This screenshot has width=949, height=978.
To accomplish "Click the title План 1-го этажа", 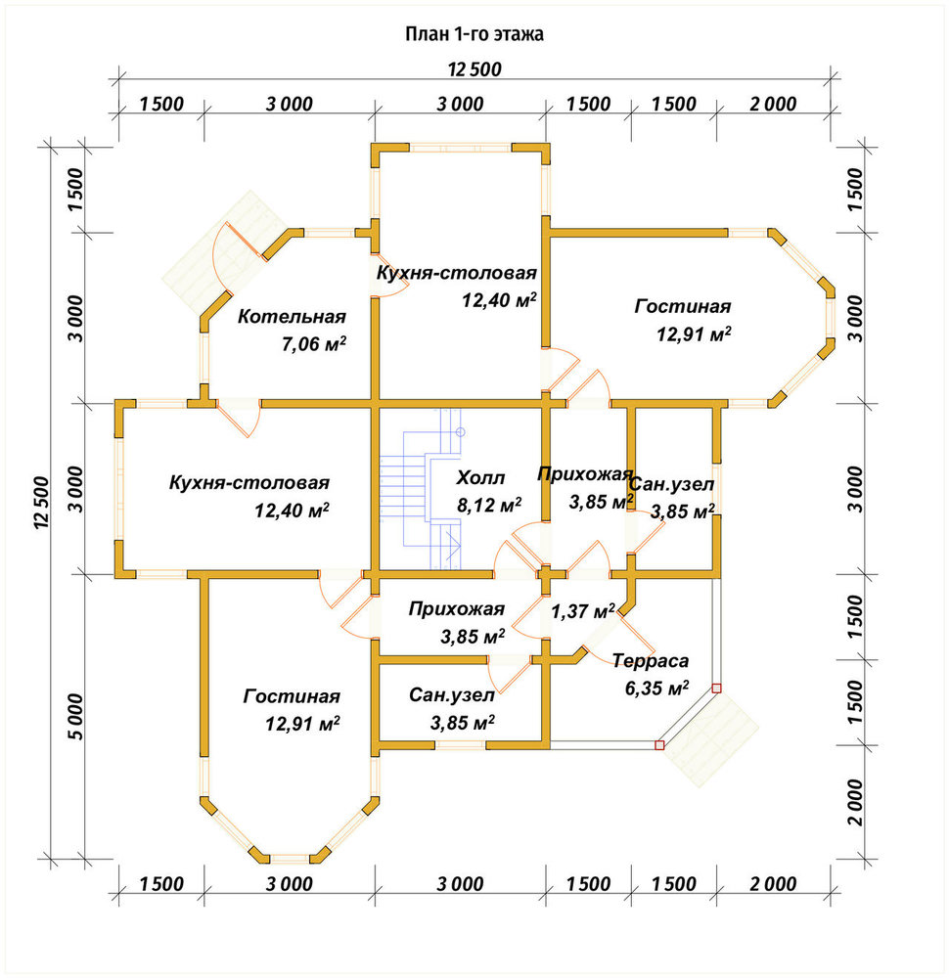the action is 474,33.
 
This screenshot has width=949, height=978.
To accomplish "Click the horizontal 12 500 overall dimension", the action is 474,69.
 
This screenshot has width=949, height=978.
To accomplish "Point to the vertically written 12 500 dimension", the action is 41,504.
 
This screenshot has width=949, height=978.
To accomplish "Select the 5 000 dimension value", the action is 76,716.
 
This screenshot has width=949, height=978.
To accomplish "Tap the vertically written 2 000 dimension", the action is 855,802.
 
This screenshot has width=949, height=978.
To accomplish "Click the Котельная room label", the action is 292,316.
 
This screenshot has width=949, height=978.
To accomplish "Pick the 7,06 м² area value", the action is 314,343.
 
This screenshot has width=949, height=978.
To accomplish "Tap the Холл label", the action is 480,478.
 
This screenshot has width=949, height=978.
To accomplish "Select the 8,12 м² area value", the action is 489,505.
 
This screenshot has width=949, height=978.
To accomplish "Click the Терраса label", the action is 651,660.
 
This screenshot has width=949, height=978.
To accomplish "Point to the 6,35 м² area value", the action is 657,688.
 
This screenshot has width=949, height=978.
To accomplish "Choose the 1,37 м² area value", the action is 583,611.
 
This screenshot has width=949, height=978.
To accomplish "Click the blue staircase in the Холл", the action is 422,490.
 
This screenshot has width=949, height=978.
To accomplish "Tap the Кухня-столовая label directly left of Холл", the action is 249,483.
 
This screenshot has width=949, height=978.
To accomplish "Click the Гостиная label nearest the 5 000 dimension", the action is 292,696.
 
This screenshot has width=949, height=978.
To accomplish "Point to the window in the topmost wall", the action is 461,148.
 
